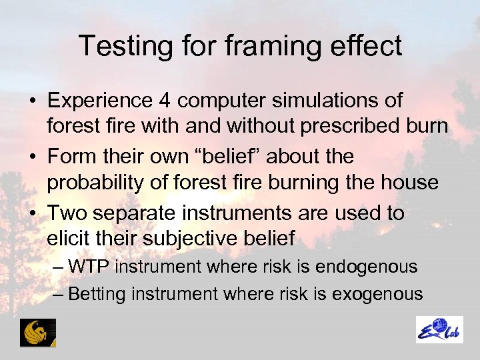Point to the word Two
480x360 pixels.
pyautogui.click(x=66, y=213)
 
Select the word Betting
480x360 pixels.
pyautogui.click(x=96, y=293)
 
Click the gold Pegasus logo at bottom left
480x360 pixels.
pyautogui.click(x=38, y=332)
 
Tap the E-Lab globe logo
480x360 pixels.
pyautogui.click(x=439, y=330)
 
